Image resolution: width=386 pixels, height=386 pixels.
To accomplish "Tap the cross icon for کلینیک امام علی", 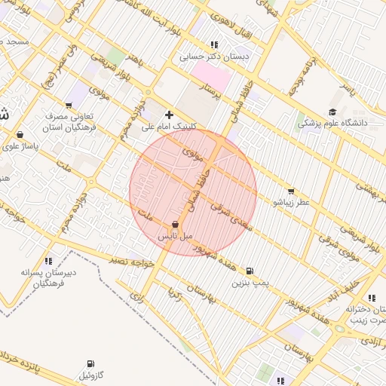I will pyautogui.click(x=169, y=115).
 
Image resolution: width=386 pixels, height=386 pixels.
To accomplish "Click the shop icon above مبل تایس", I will pyautogui.click(x=175, y=224).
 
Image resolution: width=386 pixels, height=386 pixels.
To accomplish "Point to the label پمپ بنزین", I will pyautogui.click(x=250, y=283).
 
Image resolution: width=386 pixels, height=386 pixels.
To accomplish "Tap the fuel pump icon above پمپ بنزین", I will pyautogui.click(x=250, y=271).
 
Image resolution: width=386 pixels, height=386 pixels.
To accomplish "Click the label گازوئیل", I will pyautogui.click(x=93, y=375).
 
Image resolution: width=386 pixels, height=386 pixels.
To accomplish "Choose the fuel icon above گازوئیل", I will pyautogui.click(x=91, y=363).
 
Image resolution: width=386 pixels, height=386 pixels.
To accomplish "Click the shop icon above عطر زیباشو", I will pyautogui.click(x=292, y=191).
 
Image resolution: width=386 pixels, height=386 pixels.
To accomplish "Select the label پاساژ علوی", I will pyautogui.click(x=21, y=146).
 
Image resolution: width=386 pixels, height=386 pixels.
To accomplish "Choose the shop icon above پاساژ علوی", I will pyautogui.click(x=18, y=135).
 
